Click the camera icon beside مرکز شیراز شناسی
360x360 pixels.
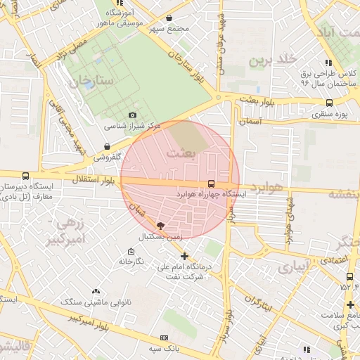pyautogui.click(x=132, y=115)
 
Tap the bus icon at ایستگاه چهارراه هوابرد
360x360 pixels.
pyautogui.click(x=212, y=185)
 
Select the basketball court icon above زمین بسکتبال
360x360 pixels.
pyautogui.click(x=160, y=226)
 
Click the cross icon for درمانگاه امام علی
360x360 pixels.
pyautogui.click(x=184, y=257)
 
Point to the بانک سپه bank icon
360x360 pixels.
pyautogui.click(x=164, y=338)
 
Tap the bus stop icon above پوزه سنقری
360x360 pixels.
pyautogui.click(x=328, y=103)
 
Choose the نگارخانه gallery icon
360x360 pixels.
pyautogui.click(x=131, y=251)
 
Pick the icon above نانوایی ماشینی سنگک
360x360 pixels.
pyautogui.click(x=96, y=291)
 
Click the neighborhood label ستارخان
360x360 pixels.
pyautogui.click(x=91, y=82)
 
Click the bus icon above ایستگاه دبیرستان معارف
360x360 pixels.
pyautogui.click(x=26, y=176)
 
